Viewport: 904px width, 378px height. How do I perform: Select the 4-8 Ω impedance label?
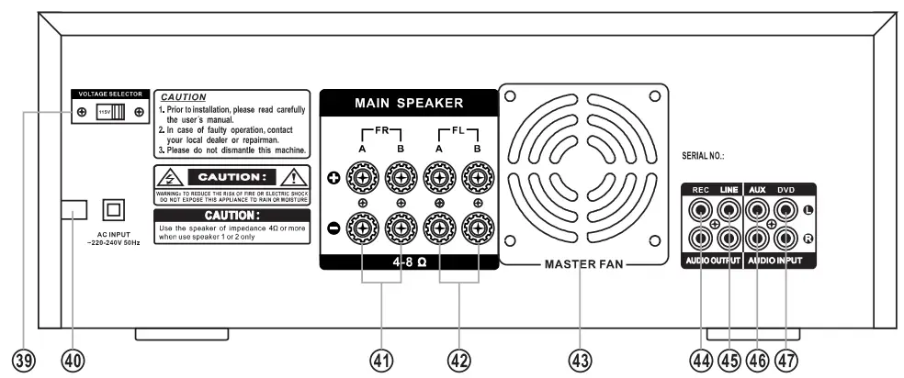click(409, 261)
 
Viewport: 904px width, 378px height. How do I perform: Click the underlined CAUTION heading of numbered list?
click(184, 96)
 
